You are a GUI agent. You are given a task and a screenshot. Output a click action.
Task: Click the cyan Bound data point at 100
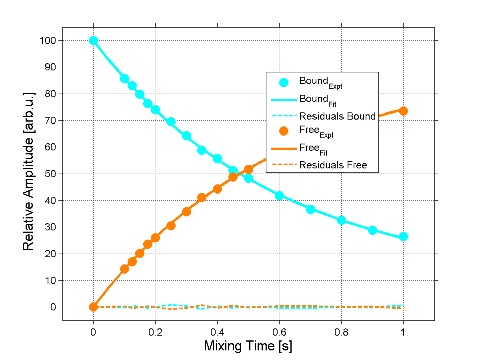[93, 40]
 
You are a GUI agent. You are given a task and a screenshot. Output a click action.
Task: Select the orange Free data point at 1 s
[403, 111]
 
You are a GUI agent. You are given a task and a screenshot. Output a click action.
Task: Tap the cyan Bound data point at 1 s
[403, 236]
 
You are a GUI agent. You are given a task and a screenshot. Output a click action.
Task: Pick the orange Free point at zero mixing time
[93, 307]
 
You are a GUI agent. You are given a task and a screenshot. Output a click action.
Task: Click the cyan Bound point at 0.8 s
[341, 220]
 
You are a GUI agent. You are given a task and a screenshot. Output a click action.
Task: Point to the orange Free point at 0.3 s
[186, 212]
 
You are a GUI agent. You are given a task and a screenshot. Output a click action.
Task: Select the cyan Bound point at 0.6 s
[279, 196]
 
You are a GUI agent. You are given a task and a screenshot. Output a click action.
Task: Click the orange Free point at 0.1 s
[124, 269]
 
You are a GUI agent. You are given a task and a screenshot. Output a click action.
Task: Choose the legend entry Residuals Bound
[337, 116]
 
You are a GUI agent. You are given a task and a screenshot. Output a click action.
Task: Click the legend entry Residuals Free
[333, 165]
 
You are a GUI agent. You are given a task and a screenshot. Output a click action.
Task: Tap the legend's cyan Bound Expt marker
[284, 82]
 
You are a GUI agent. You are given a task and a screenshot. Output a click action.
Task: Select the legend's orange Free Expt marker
[284, 131]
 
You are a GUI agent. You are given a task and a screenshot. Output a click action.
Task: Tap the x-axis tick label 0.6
[279, 332]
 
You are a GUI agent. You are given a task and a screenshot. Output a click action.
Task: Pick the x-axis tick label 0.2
[155, 332]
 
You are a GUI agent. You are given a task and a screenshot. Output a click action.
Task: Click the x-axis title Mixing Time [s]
[248, 346]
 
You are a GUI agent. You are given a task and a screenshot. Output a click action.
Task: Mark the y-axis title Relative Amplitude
[28, 171]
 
